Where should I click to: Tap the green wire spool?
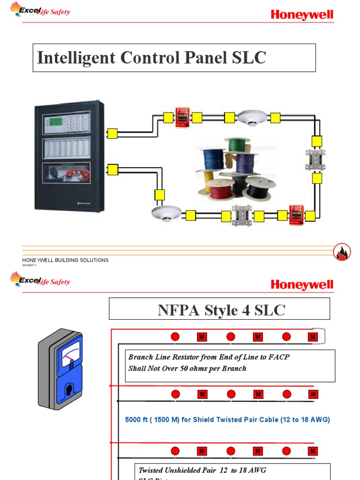(x=237, y=145)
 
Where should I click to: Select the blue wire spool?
(x=212, y=159)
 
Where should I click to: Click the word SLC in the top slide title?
(x=249, y=58)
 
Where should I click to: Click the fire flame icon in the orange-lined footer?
(x=342, y=253)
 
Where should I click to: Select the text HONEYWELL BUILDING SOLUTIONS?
(x=66, y=260)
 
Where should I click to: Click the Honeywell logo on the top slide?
(x=302, y=15)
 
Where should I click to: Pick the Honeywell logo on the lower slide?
(x=302, y=285)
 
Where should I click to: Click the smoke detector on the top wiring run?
(x=252, y=117)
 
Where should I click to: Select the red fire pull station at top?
(x=182, y=117)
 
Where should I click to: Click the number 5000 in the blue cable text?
(x=134, y=420)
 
